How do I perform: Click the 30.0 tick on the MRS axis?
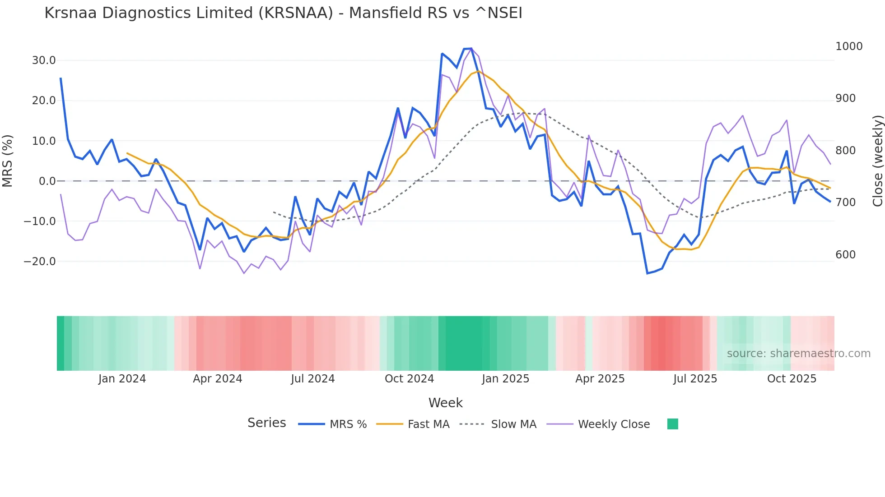43,60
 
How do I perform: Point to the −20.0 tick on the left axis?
40,262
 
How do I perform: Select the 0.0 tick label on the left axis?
47,181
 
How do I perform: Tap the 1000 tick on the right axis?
849,46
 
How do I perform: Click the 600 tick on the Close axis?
845,255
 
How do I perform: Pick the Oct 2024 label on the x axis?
409,379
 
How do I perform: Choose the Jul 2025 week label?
695,379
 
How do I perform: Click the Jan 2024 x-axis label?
122,379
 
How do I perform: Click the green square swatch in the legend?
672,424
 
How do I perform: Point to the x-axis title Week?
445,403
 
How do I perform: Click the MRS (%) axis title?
8,161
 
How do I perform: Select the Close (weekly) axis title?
877,161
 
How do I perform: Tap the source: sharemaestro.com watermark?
798,354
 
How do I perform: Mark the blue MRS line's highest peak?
471,48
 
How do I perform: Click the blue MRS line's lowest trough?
647,273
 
